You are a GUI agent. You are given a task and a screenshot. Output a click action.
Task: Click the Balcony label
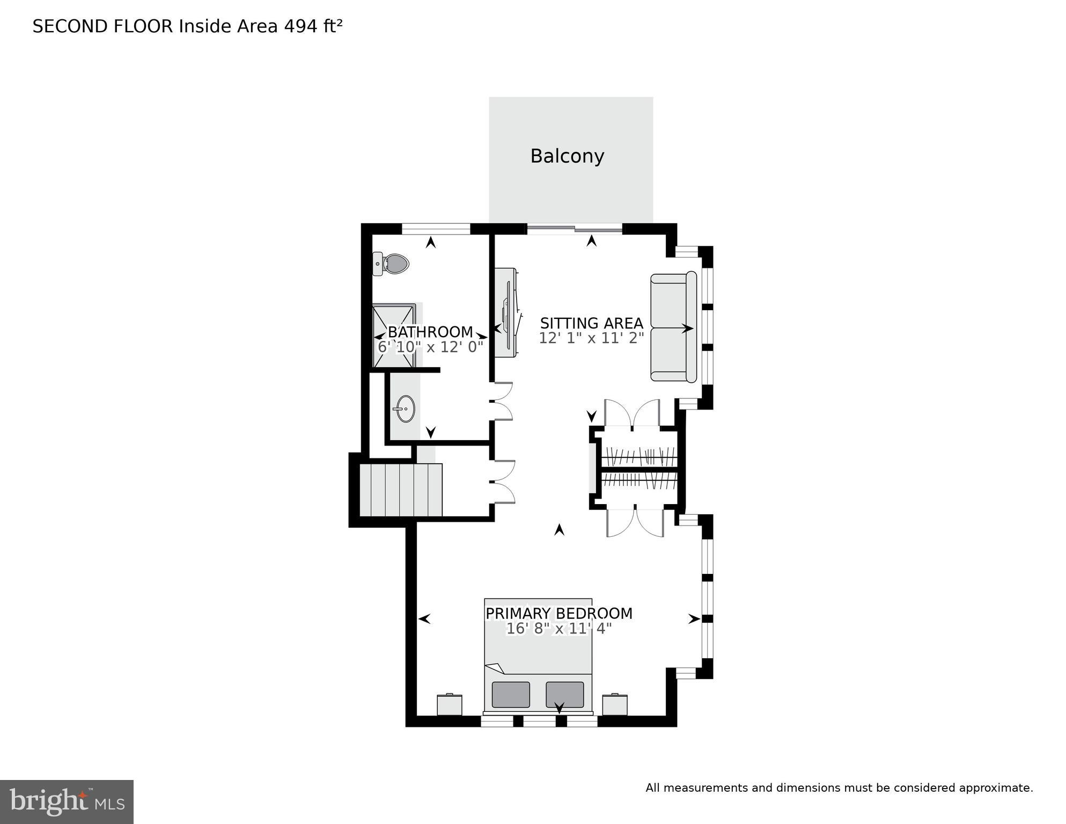point(567,156)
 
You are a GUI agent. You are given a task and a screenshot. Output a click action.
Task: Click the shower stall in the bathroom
point(394,336)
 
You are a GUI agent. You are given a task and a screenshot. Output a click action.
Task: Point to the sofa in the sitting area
point(673,328)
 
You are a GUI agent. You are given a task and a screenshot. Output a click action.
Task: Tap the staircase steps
point(401,490)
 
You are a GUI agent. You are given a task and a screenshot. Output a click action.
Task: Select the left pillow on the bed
point(511,694)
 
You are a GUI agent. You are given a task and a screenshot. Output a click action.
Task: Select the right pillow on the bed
point(564,694)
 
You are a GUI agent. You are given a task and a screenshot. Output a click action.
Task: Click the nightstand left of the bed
point(450,704)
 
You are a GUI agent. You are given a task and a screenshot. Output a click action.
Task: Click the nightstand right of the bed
point(615,704)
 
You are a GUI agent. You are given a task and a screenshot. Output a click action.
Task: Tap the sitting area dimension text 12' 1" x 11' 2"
point(591,338)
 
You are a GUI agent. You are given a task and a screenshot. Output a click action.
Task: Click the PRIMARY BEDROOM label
point(559,613)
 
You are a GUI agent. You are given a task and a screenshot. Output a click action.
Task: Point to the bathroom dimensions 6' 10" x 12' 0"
point(430,347)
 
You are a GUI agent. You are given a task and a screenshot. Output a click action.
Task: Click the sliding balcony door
point(575,229)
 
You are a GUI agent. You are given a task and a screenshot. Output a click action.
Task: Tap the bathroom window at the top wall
point(436,229)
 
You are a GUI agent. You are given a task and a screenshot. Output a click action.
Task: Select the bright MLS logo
point(67,801)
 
